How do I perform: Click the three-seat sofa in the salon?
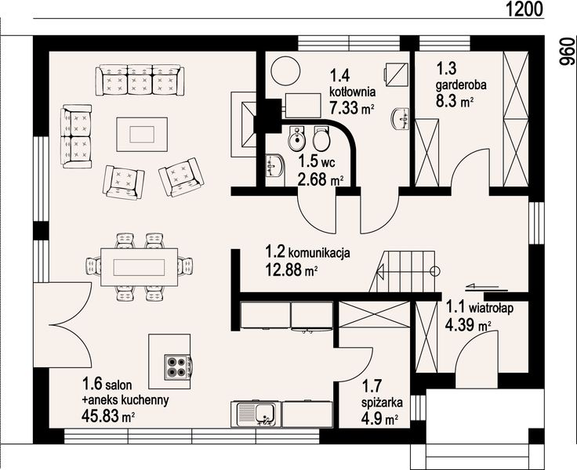point(140,81)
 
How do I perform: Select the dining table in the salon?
point(145,266)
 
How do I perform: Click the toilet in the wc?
point(319,140)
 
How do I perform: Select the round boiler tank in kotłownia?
point(285,72)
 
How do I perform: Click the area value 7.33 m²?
point(350,108)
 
